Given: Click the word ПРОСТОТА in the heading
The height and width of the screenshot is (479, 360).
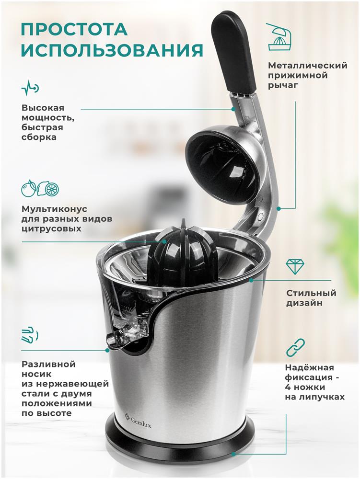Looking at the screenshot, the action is (x=74, y=30).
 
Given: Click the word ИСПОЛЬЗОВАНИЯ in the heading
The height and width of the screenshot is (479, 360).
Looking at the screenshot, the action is (x=112, y=50).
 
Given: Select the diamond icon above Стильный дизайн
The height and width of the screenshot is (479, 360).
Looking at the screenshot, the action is (x=295, y=267).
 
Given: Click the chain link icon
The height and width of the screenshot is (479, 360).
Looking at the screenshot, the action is (x=295, y=347).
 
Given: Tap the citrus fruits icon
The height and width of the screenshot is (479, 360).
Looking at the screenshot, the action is (x=40, y=188).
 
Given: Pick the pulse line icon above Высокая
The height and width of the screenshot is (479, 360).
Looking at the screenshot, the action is (x=30, y=88).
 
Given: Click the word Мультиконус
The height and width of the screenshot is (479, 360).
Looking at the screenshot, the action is (x=54, y=209).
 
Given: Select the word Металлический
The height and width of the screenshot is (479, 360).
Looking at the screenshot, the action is (x=308, y=66).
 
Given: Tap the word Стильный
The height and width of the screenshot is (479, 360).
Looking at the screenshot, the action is (x=311, y=293).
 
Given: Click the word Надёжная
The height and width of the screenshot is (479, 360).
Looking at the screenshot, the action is (x=309, y=367).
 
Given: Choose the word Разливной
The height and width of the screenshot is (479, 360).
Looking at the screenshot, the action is (x=48, y=365).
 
